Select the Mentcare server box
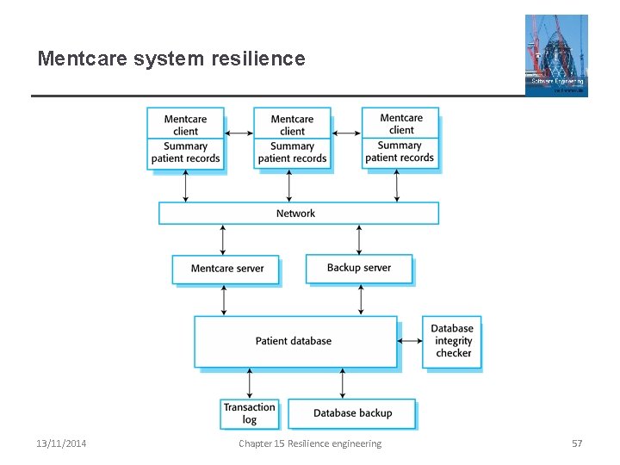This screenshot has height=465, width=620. pyautogui.click(x=226, y=269)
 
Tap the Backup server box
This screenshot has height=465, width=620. pyautogui.click(x=359, y=268)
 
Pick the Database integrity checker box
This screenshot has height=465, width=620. pyautogui.click(x=452, y=341)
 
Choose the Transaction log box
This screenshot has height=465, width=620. pyautogui.click(x=249, y=413)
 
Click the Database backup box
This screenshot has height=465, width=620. pyautogui.click(x=351, y=413)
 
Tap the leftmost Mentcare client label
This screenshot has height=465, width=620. pyautogui.click(x=185, y=125)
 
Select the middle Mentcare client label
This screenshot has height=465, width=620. pyautogui.click(x=292, y=125)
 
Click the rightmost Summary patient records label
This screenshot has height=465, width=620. pyautogui.click(x=400, y=152)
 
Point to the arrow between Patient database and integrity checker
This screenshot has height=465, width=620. pyautogui.click(x=410, y=341)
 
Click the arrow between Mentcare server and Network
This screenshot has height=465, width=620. pyautogui.click(x=224, y=239)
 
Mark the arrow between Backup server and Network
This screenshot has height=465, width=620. pyautogui.click(x=360, y=239)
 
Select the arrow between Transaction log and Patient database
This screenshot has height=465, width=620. pyautogui.click(x=250, y=383)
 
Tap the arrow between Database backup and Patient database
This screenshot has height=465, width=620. pyautogui.click(x=343, y=383)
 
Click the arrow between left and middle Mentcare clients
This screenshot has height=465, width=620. pyautogui.click(x=239, y=133)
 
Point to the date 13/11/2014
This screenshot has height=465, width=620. pyautogui.click(x=61, y=443)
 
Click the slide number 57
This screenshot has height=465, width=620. pyautogui.click(x=577, y=443)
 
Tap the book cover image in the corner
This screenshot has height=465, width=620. pyautogui.click(x=556, y=55)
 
